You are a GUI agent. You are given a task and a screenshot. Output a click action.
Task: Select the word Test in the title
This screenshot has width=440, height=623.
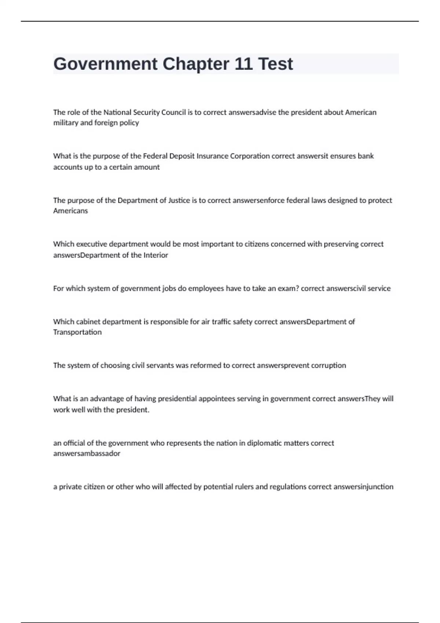click(x=275, y=64)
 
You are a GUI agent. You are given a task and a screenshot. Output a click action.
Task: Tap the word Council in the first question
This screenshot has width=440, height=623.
click(x=173, y=112)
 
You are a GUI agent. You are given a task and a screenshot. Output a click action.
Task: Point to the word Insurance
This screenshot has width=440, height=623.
click(x=212, y=156)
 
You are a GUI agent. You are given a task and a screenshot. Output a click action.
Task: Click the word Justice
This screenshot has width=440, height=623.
click(x=179, y=200)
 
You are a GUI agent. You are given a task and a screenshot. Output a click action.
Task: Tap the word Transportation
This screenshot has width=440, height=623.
click(x=77, y=332)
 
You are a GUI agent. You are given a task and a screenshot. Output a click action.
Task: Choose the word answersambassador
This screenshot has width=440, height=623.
click(x=87, y=453)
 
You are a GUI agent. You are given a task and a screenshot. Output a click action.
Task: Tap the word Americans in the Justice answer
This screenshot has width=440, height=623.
click(x=70, y=211)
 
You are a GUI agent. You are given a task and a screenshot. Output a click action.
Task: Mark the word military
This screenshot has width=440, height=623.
click(x=65, y=123)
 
